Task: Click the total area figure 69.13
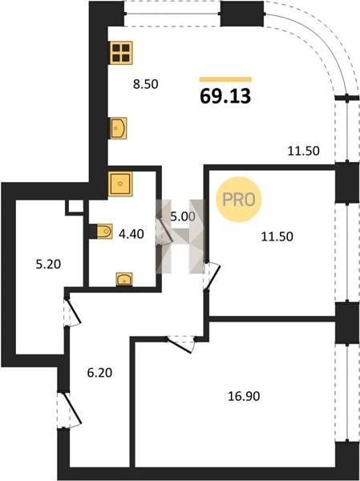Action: [225, 96]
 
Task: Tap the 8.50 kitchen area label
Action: [145, 84]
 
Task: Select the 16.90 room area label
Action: [244, 396]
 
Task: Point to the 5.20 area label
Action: [48, 264]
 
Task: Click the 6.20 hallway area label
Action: [99, 373]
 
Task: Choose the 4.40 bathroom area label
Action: [131, 234]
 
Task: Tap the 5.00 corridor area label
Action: [183, 217]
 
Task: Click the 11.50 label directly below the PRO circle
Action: [277, 236]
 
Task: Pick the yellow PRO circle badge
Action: [238, 200]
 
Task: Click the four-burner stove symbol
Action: [120, 53]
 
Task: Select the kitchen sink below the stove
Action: [118, 128]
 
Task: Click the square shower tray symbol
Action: [120, 184]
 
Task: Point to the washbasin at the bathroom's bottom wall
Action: [124, 279]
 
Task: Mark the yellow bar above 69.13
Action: [225, 79]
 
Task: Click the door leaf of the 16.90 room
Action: [180, 346]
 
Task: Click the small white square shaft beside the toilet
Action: [75, 207]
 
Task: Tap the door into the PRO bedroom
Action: [212, 276]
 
